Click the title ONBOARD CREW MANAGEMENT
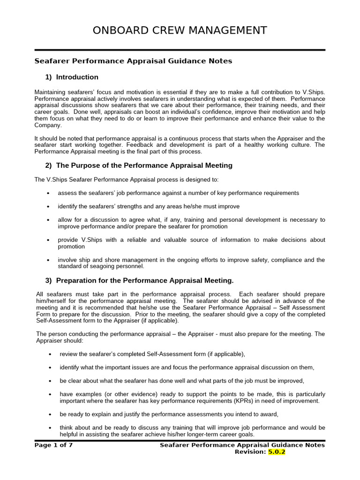[180, 30]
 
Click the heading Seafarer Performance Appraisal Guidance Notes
[134, 61]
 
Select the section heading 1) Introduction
[72, 77]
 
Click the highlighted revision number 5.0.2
[276, 452]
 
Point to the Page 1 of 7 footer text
[53, 445]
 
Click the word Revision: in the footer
[249, 452]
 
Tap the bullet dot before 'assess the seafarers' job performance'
[48, 194]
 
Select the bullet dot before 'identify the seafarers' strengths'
[48, 207]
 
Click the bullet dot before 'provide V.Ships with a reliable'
[48, 240]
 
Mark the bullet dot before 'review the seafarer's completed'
[50, 354]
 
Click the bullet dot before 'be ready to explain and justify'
[50, 414]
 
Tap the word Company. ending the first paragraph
[48, 125]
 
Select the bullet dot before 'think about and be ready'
[50, 428]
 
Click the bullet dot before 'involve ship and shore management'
[48, 260]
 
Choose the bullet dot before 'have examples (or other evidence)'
[50, 395]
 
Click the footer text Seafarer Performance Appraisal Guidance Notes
[242, 445]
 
